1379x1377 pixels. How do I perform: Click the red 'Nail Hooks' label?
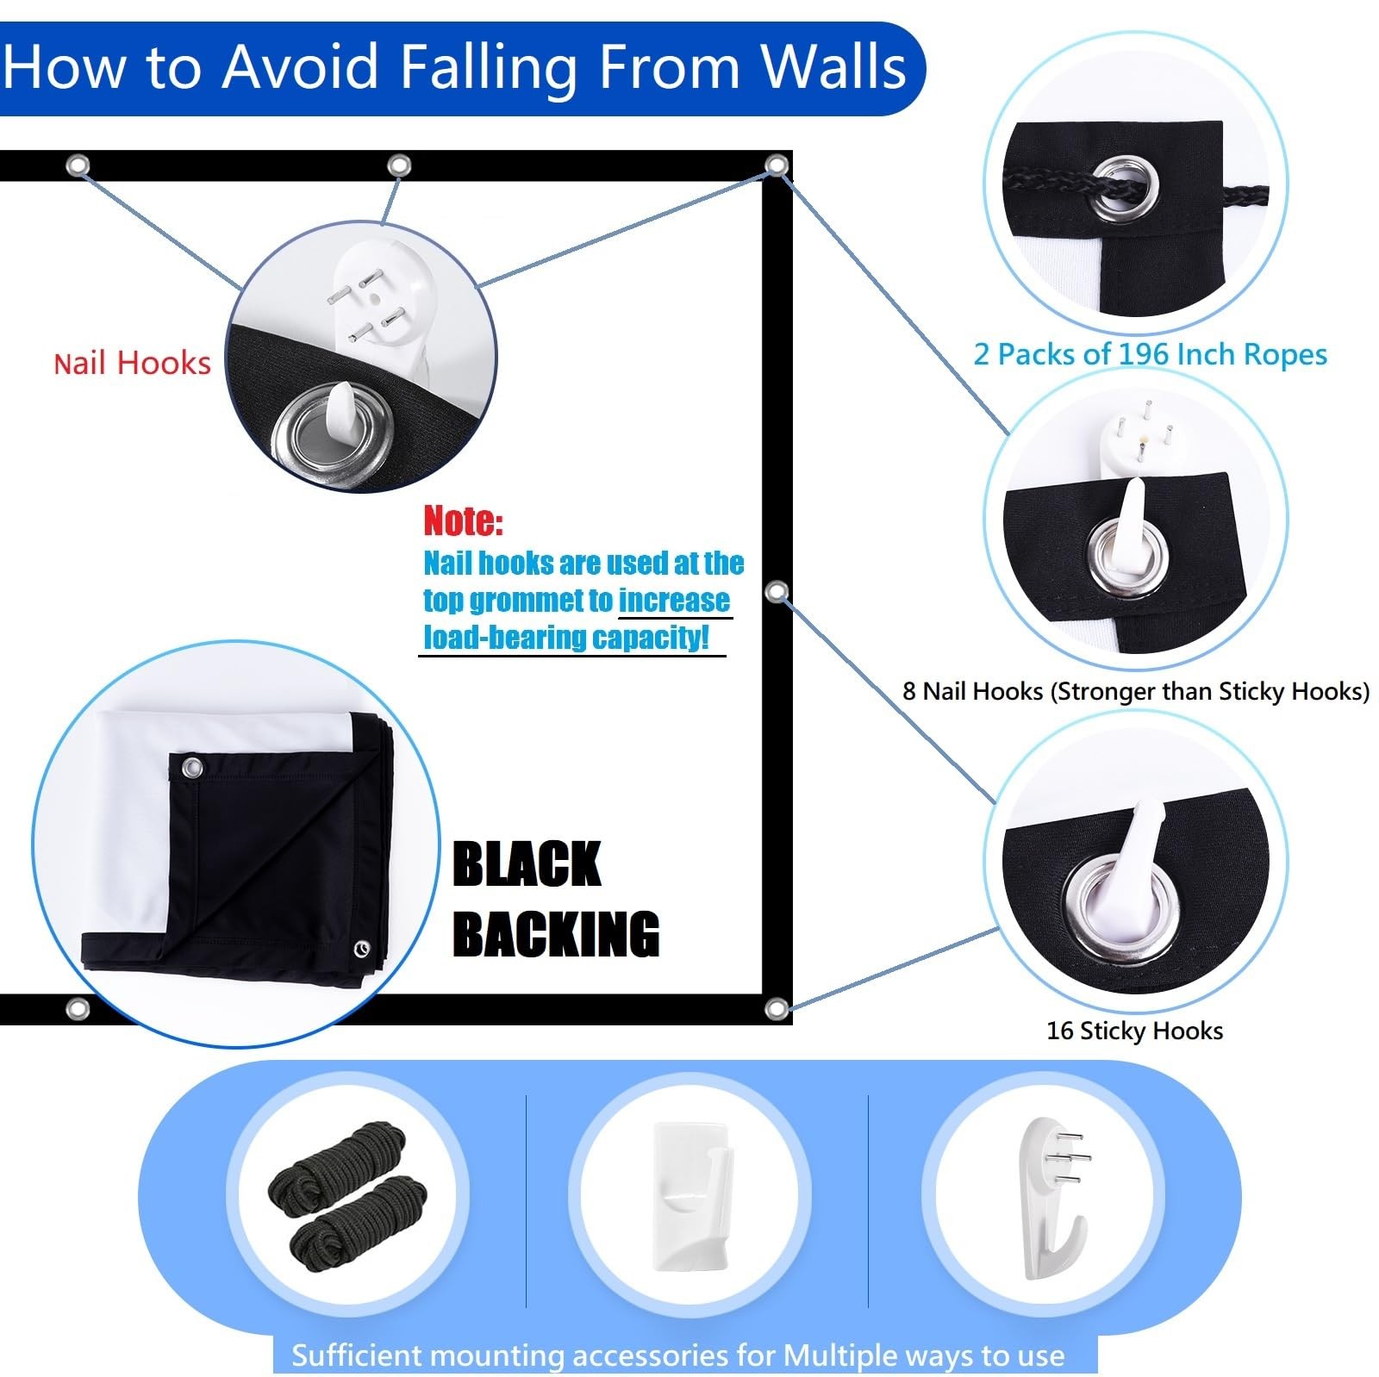coord(132,363)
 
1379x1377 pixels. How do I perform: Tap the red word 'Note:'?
coord(463,520)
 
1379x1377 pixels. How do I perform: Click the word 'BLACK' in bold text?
coord(527,863)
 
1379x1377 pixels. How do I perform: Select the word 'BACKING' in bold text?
coord(556,934)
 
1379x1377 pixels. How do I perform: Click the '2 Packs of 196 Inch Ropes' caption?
coord(1150,354)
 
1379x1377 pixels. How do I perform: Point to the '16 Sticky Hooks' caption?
coord(1134,1031)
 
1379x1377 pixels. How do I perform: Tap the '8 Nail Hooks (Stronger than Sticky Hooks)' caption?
coord(1136,691)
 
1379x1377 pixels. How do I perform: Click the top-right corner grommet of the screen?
coord(777,165)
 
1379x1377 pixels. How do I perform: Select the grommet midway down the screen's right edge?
coord(777,591)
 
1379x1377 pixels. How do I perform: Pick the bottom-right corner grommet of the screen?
coord(776,1008)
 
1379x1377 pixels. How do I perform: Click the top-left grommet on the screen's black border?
coord(78,165)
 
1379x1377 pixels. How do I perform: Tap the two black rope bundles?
coord(348,1192)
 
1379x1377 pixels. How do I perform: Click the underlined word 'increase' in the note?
coord(674,600)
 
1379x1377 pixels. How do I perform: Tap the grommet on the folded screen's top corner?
coord(190,767)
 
